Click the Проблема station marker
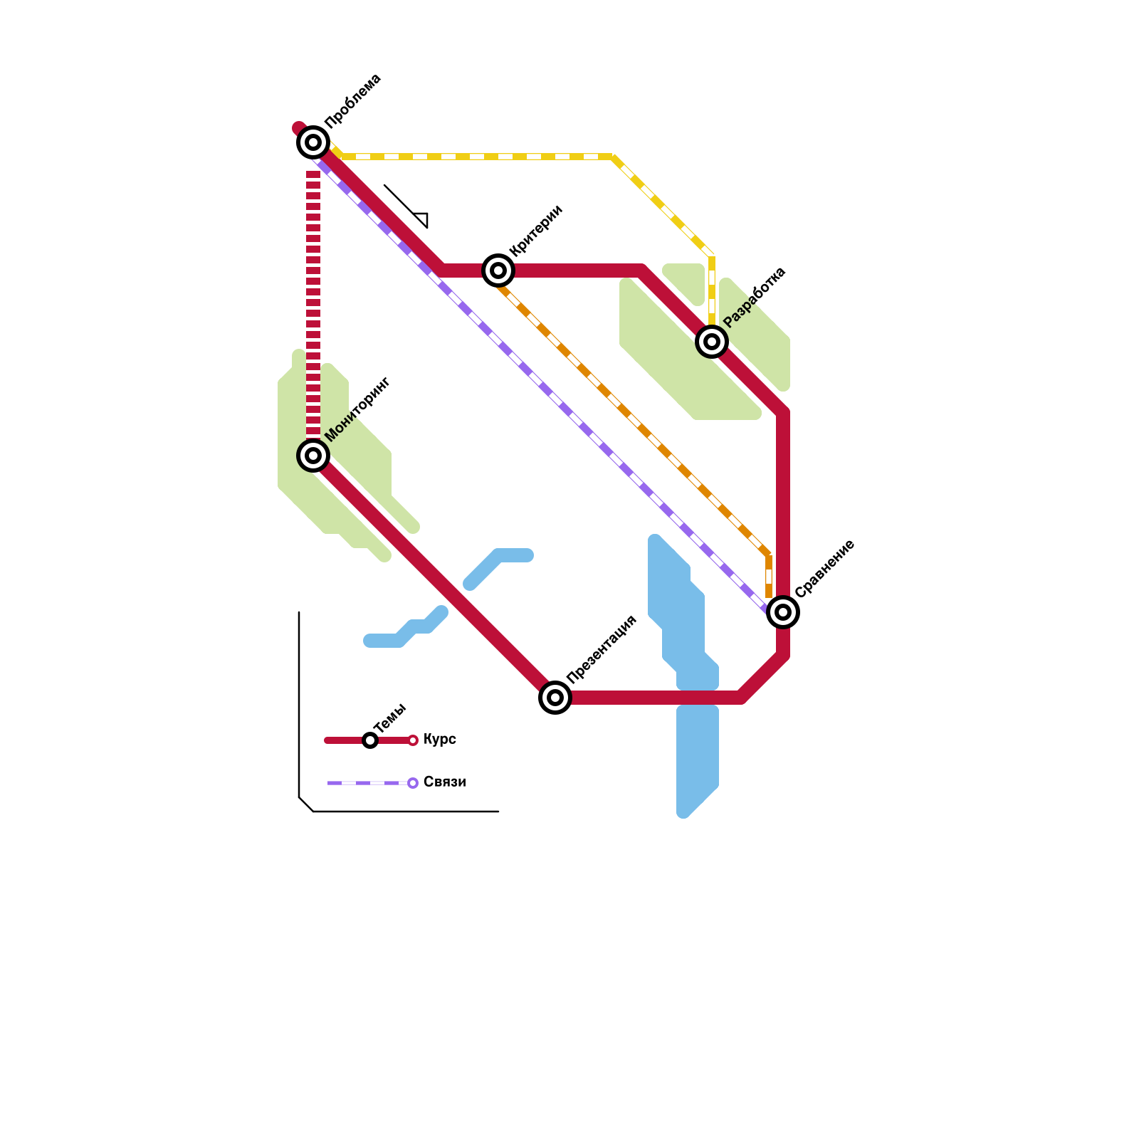click(x=313, y=142)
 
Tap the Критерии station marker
click(x=498, y=271)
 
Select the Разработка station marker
click(x=712, y=342)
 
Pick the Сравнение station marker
click(x=783, y=612)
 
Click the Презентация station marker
click(x=555, y=698)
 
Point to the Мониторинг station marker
click(x=313, y=456)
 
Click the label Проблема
click(x=353, y=100)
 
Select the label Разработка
click(x=755, y=297)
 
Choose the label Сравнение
click(x=824, y=569)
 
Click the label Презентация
click(x=602, y=649)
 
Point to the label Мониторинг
click(x=357, y=409)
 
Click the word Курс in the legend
click(x=440, y=740)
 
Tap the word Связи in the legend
click(x=444, y=782)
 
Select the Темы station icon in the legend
click(x=370, y=740)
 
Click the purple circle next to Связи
click(x=413, y=783)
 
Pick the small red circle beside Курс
click(x=413, y=740)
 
